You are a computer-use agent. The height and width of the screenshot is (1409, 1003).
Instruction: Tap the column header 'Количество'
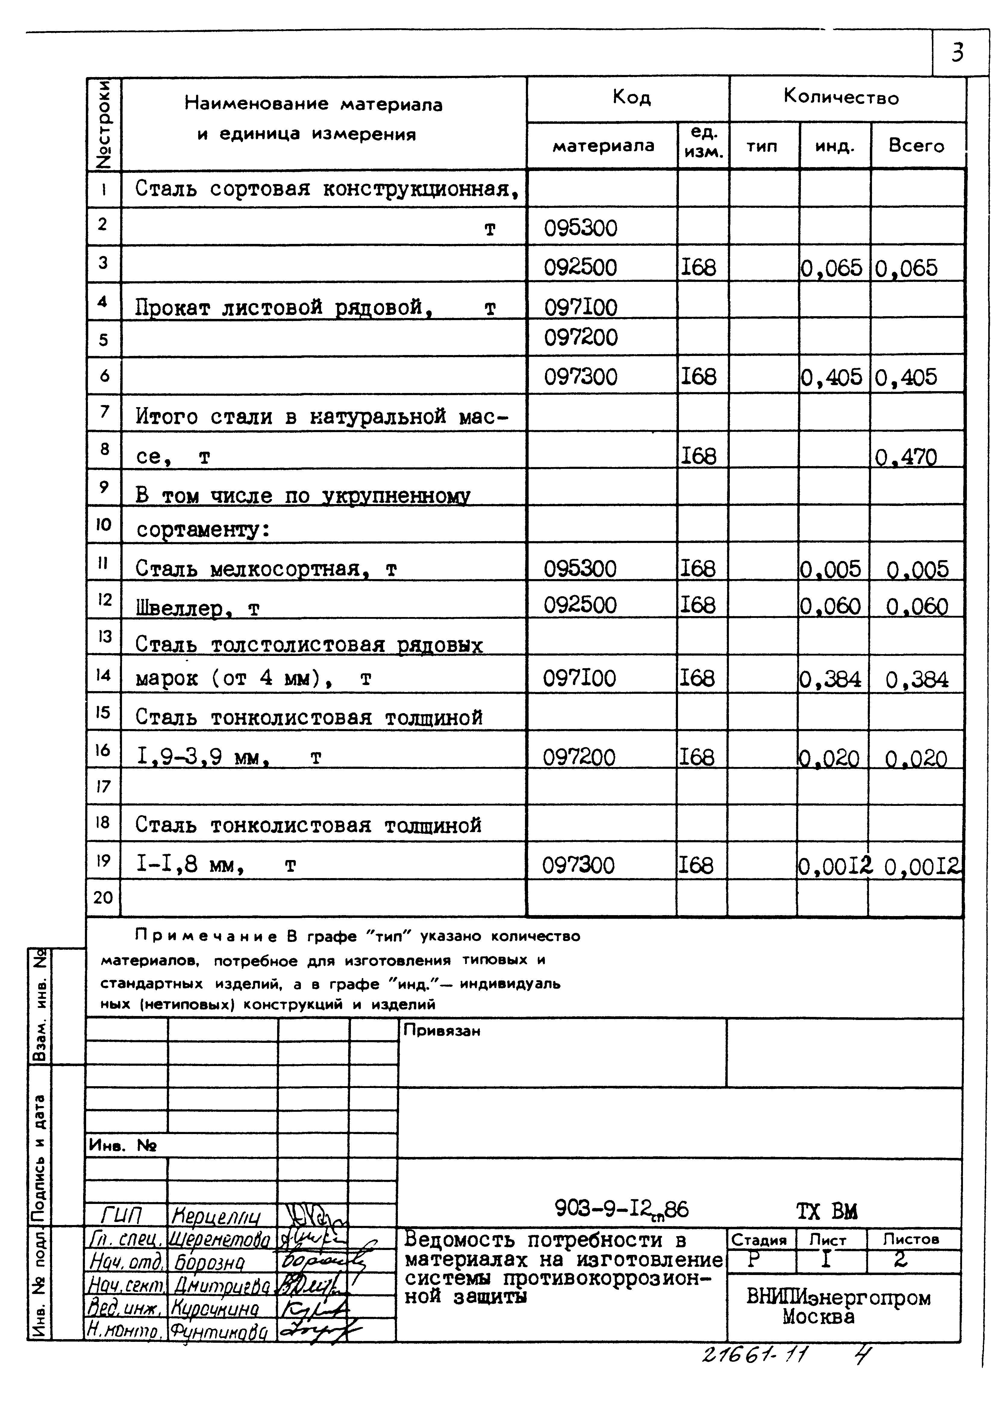[841, 97]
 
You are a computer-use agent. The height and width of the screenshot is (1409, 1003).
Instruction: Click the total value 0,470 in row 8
[906, 457]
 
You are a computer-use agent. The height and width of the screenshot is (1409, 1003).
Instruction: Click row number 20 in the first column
[103, 897]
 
